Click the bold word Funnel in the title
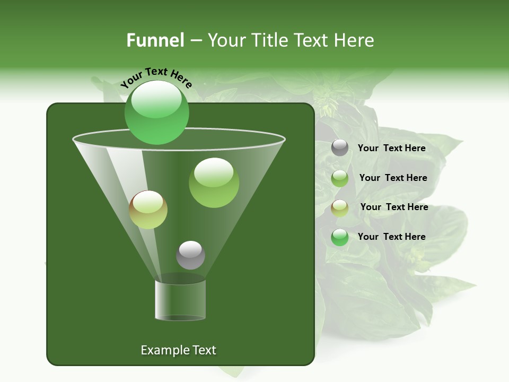click(x=155, y=40)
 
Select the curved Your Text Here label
click(x=156, y=77)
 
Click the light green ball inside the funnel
click(x=214, y=183)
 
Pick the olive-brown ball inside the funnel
click(x=148, y=210)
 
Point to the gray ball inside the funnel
click(x=190, y=255)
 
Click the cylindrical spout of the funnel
click(x=180, y=300)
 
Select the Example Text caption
click(x=179, y=350)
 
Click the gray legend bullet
click(x=340, y=148)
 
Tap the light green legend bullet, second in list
click(x=340, y=178)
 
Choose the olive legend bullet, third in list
click(x=340, y=208)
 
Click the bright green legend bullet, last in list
click(x=340, y=237)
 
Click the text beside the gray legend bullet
click(x=391, y=148)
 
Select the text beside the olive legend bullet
click(x=394, y=207)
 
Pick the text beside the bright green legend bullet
click(x=391, y=237)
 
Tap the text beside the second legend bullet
click(x=393, y=178)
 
